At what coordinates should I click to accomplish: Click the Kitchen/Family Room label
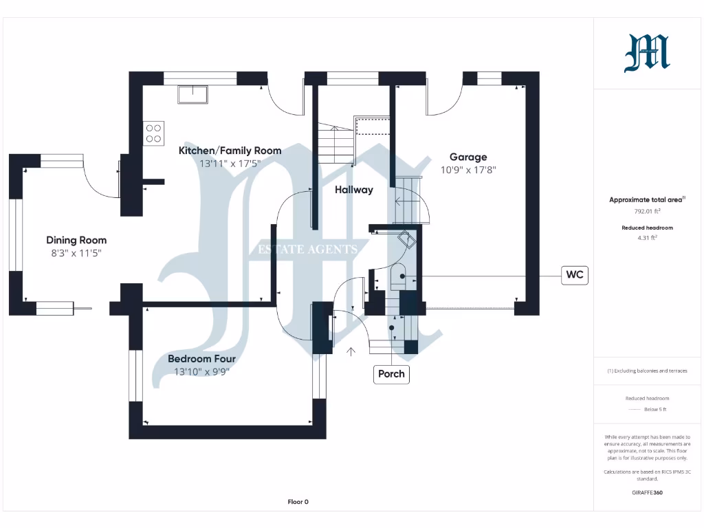click(x=230, y=151)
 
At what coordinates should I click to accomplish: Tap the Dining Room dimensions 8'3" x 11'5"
click(x=76, y=253)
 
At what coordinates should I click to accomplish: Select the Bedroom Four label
click(x=201, y=359)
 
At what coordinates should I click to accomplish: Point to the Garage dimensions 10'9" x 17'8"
click(x=468, y=169)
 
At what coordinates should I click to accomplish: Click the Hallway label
click(x=353, y=190)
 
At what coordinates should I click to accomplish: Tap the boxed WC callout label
click(x=575, y=275)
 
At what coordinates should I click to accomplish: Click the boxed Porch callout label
click(x=392, y=374)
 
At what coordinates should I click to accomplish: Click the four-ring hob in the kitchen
click(x=153, y=132)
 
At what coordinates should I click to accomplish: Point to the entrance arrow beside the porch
click(x=351, y=352)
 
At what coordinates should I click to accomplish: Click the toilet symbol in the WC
click(x=399, y=277)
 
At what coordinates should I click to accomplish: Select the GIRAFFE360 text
click(x=646, y=492)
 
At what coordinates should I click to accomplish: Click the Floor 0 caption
click(x=298, y=502)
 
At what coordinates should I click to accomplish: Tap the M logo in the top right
click(x=646, y=54)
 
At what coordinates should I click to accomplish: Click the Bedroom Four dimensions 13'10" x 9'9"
click(x=201, y=372)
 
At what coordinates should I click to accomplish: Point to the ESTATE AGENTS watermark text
click(x=307, y=250)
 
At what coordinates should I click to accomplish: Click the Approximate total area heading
click(x=646, y=200)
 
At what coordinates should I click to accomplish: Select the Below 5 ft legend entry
click(x=655, y=409)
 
